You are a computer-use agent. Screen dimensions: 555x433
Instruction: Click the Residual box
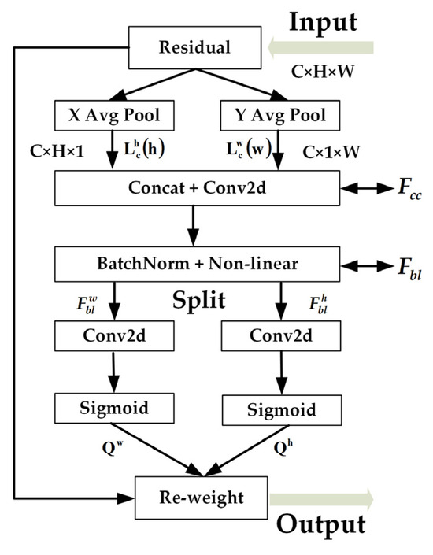coord(195,47)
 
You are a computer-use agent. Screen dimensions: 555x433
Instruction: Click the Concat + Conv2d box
coord(194,190)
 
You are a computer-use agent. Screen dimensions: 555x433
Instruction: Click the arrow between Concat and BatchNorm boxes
coord(194,227)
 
